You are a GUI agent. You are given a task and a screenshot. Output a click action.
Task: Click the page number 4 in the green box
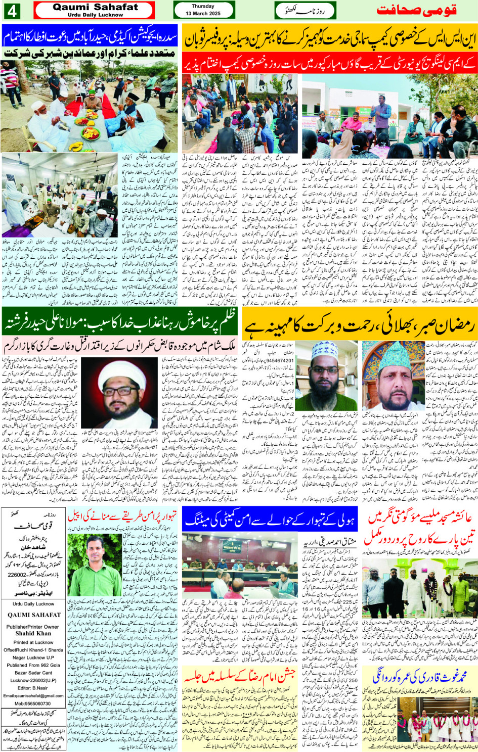pyautogui.click(x=12, y=10)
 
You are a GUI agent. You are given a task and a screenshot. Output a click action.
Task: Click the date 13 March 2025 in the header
pyautogui.click(x=203, y=14)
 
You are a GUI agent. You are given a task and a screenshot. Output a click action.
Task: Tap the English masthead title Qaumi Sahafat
pyautogui.click(x=95, y=7)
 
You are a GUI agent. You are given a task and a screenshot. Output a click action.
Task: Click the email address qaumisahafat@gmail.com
pyautogui.click(x=33, y=696)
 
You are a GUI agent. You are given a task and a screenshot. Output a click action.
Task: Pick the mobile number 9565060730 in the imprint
pyautogui.click(x=33, y=703)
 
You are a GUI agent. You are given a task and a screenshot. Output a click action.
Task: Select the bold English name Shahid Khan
pyautogui.click(x=33, y=633)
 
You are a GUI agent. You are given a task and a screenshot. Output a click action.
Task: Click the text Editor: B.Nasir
pyautogui.click(x=33, y=688)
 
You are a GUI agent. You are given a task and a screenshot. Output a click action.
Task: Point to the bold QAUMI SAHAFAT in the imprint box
pyautogui.click(x=34, y=615)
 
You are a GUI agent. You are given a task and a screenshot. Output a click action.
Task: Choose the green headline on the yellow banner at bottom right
pyautogui.click(x=419, y=676)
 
